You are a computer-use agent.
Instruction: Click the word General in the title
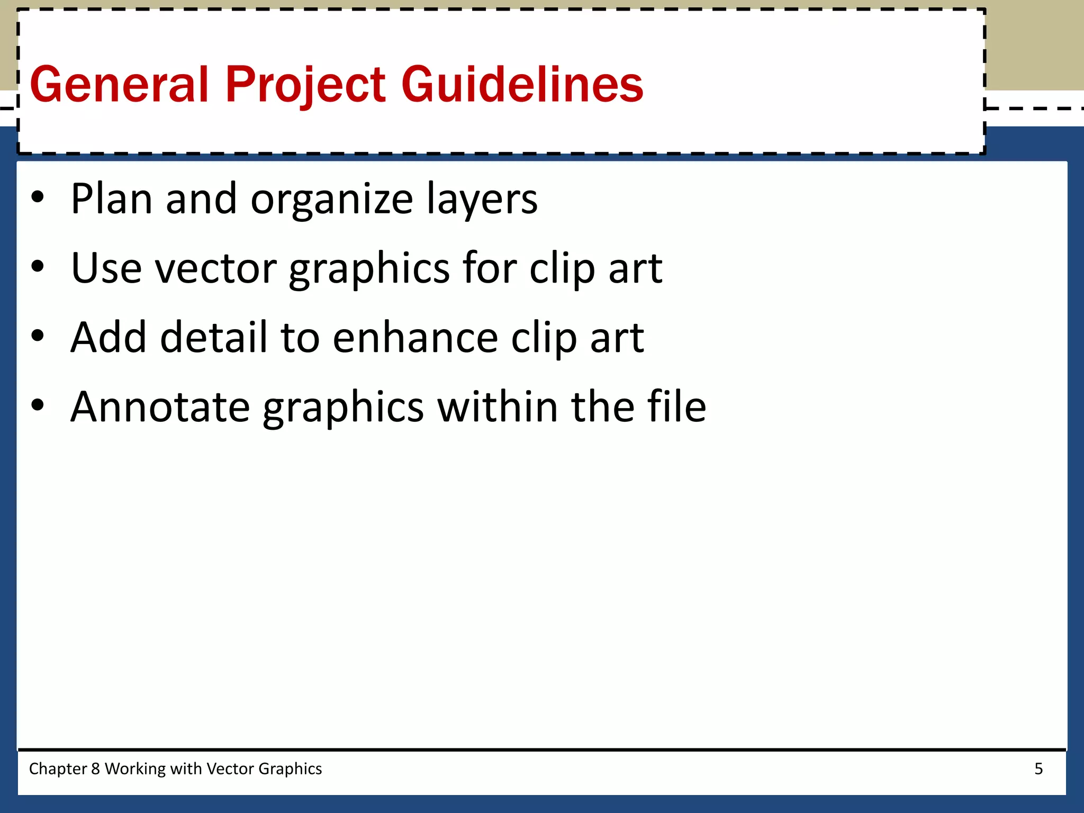click(x=120, y=85)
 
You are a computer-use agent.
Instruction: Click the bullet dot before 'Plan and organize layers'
click(x=38, y=198)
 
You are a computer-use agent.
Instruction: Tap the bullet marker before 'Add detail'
click(x=38, y=337)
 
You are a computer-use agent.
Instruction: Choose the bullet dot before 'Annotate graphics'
click(x=38, y=406)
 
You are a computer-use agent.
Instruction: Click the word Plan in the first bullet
click(x=112, y=199)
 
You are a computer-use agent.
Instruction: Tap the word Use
click(x=106, y=268)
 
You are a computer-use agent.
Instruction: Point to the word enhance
click(x=415, y=338)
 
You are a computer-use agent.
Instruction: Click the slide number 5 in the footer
click(x=1038, y=769)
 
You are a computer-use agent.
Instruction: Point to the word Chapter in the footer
click(x=58, y=769)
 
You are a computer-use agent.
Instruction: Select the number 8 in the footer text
click(x=95, y=769)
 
